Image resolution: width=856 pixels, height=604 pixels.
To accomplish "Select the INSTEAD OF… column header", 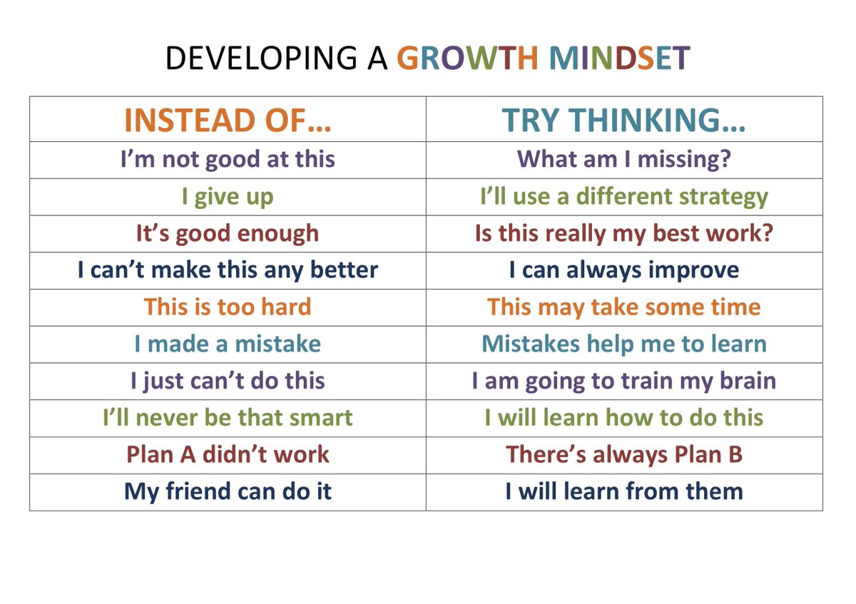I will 228,121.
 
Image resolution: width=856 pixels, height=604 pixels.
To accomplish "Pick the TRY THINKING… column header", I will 624,121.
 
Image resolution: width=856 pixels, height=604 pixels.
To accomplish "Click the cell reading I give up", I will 228,197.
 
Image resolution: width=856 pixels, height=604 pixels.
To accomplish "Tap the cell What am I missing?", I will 624,159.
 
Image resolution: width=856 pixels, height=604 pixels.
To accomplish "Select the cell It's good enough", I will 228,233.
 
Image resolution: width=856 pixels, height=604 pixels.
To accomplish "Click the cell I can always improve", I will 624,270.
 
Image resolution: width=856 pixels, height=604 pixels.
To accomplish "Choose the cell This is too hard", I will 228,307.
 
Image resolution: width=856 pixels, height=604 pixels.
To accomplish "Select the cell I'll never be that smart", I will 228,418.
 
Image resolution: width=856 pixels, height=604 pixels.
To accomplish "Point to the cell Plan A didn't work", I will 228,455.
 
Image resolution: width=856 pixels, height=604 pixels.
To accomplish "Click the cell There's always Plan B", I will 624,455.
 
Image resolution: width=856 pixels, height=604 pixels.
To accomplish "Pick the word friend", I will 201,491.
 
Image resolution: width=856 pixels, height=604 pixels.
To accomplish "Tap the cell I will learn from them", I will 624,491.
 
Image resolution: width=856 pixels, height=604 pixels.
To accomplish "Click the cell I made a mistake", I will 228,344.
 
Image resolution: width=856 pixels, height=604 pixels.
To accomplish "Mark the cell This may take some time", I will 624,307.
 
